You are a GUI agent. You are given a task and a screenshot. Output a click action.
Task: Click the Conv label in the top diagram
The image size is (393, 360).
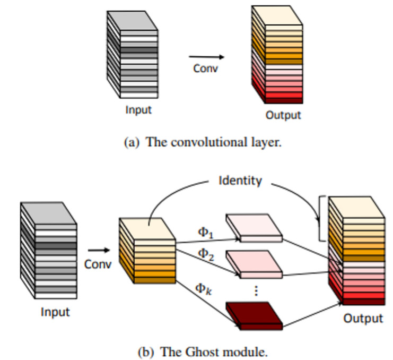click(205, 68)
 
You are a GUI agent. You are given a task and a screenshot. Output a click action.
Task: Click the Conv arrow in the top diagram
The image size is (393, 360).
click(206, 57)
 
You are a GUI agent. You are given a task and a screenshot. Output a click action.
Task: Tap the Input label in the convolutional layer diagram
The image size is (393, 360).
click(138, 110)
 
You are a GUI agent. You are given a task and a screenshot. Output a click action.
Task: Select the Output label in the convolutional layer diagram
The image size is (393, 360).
click(283, 115)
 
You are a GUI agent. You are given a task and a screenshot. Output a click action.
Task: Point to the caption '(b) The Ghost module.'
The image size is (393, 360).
click(203, 351)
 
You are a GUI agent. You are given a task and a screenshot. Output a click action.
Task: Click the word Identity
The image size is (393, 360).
click(240, 181)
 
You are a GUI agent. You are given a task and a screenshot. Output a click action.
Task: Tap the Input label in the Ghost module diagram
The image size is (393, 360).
click(55, 312)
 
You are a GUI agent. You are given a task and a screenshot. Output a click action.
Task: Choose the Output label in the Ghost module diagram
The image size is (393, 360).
click(363, 318)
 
